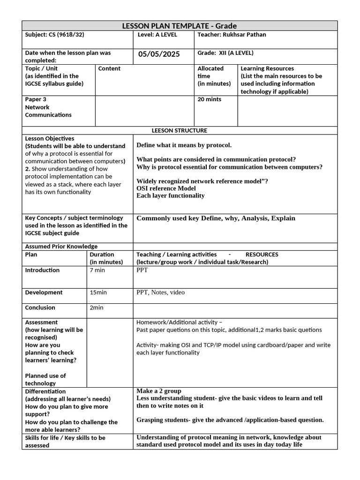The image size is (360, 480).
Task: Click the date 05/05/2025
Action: (x=159, y=54)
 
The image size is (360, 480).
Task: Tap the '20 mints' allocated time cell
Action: (x=209, y=99)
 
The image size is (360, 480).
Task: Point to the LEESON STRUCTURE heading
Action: (x=179, y=130)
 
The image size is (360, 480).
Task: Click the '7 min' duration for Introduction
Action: (x=97, y=270)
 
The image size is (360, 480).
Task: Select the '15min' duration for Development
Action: (x=98, y=292)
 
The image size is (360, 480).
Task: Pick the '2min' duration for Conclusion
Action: (x=97, y=307)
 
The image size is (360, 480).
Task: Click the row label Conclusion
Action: (x=40, y=307)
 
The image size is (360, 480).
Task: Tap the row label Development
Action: (x=44, y=292)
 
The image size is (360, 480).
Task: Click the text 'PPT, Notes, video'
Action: (x=160, y=292)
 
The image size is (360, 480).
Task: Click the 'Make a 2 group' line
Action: (x=158, y=391)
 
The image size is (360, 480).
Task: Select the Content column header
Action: (x=109, y=68)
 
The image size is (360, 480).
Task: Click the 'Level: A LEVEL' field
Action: (x=157, y=35)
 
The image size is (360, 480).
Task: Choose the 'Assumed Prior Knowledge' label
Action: (x=61, y=247)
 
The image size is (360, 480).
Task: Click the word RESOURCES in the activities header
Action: (x=262, y=255)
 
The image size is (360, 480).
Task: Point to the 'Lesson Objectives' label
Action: (x=50, y=139)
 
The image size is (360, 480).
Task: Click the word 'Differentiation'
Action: (x=45, y=391)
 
